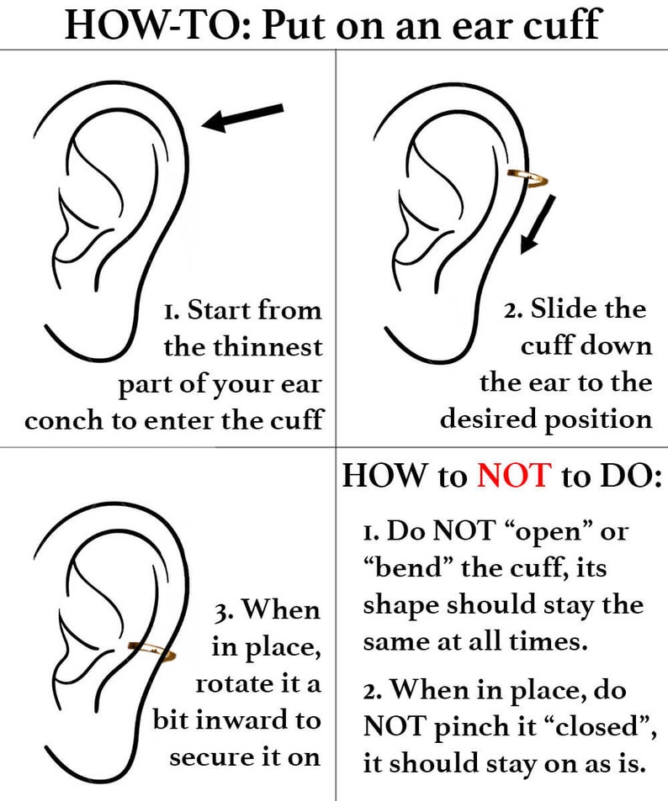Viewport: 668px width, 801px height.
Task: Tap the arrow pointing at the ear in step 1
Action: pos(244,117)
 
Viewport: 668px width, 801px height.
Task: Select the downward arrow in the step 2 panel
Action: pos(537,223)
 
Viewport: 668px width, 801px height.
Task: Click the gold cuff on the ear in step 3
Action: pos(151,650)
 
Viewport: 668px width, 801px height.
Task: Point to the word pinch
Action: pos(466,726)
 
